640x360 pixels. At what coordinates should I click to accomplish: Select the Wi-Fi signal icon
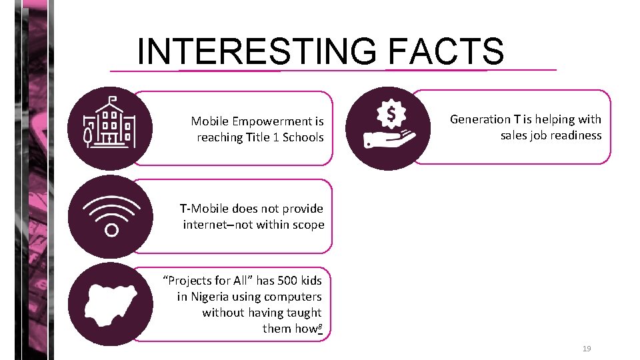click(x=110, y=216)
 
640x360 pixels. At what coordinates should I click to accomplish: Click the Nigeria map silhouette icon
click(x=110, y=304)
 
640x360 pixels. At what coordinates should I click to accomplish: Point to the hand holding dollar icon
click(x=389, y=128)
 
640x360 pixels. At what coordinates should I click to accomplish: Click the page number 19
click(x=587, y=349)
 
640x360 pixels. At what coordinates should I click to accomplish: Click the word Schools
click(x=303, y=137)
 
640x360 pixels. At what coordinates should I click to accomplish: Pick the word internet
click(x=208, y=225)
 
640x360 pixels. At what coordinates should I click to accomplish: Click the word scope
click(x=307, y=225)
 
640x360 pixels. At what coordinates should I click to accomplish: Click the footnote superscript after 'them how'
click(x=320, y=326)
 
